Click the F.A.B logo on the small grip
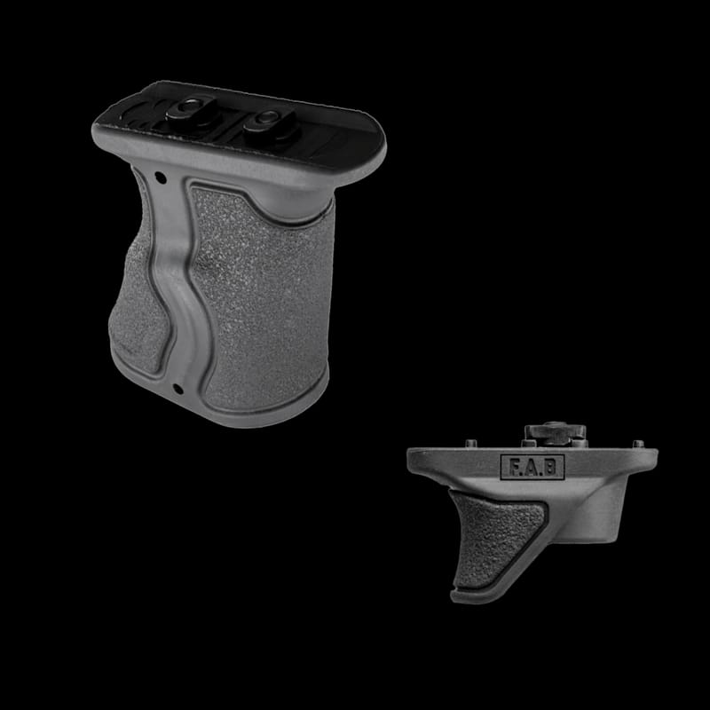(x=532, y=467)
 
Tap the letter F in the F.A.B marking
(x=514, y=468)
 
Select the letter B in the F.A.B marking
(x=549, y=468)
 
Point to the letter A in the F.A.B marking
(x=532, y=468)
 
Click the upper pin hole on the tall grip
(x=160, y=177)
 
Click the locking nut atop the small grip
(x=556, y=432)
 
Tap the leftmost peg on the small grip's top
(x=471, y=443)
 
